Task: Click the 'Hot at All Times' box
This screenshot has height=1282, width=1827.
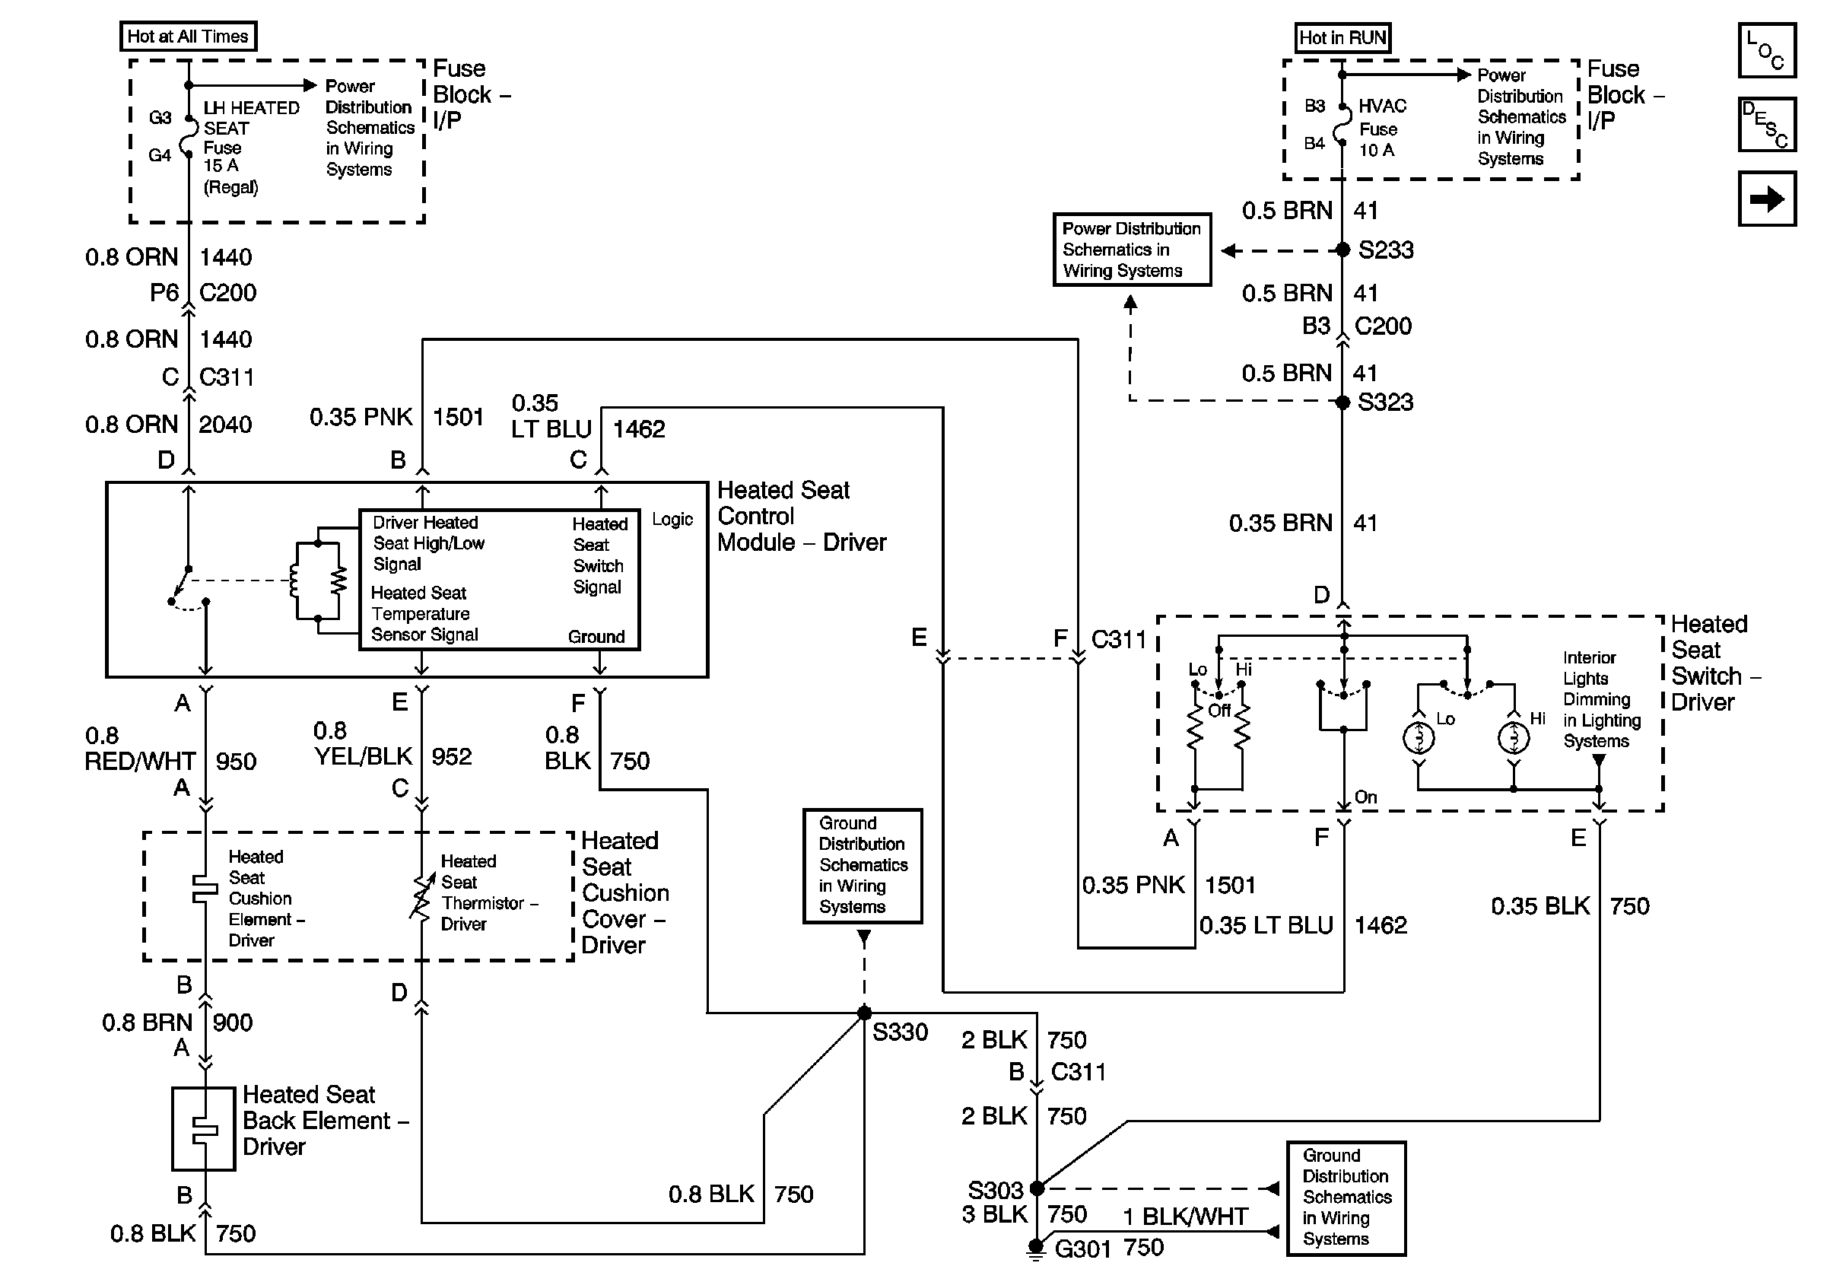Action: coord(188,37)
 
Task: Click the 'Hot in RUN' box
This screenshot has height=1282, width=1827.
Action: coord(1342,37)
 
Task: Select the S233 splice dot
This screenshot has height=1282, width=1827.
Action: coord(1342,250)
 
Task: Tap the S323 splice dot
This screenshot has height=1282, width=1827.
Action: coord(1342,402)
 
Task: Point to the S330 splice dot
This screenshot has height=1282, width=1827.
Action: coord(864,1013)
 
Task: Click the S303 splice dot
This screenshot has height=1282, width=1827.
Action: coord(1036,1188)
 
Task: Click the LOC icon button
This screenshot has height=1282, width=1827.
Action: coord(1766,50)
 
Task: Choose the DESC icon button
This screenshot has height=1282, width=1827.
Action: coord(1766,124)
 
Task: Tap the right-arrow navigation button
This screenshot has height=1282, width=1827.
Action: coord(1766,198)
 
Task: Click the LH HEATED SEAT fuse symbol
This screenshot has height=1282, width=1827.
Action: coord(189,136)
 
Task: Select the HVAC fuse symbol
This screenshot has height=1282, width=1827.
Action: coord(1342,124)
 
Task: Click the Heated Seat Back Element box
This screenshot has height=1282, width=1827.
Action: coord(204,1128)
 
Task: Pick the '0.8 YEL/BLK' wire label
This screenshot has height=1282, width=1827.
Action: coord(363,743)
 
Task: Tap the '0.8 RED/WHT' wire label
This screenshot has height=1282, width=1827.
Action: coord(140,748)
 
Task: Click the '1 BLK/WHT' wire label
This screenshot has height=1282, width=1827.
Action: coord(1186,1216)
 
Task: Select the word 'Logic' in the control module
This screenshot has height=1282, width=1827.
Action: coord(672,520)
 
